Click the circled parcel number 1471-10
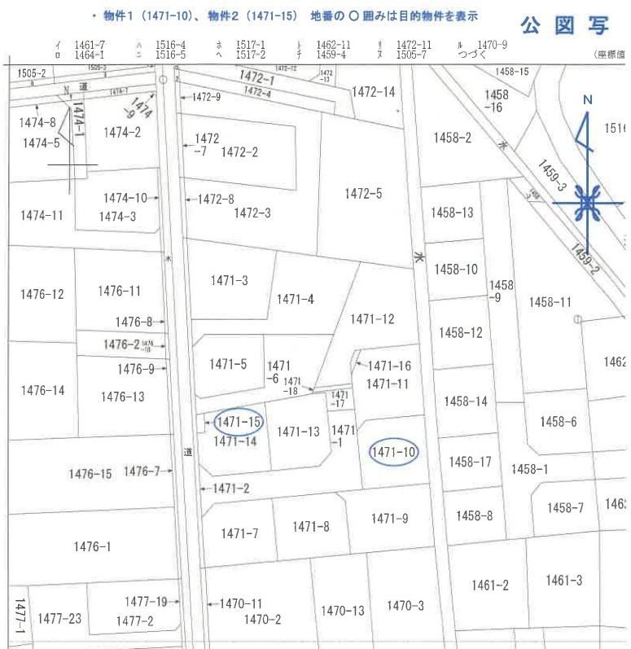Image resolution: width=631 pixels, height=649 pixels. click(393, 451)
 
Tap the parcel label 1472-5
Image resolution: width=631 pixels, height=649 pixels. click(363, 194)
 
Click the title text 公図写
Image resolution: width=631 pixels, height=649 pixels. click(567, 25)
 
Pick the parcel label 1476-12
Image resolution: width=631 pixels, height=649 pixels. click(42, 293)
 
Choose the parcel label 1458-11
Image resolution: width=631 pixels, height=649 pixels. click(550, 302)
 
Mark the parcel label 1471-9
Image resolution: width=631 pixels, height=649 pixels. click(389, 518)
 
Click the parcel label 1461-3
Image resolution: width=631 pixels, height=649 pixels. click(563, 580)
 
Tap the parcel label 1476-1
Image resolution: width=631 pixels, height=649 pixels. click(91, 546)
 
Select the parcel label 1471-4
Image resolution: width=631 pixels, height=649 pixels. click(295, 299)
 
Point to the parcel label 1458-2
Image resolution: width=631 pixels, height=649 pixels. click(452, 138)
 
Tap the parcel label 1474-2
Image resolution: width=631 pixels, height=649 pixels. click(122, 131)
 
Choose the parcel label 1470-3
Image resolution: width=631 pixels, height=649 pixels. click(405, 605)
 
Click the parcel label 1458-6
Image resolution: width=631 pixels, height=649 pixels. click(558, 421)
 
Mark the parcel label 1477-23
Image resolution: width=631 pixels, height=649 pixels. click(59, 618)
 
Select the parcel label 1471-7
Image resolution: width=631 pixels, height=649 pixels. click(239, 533)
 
